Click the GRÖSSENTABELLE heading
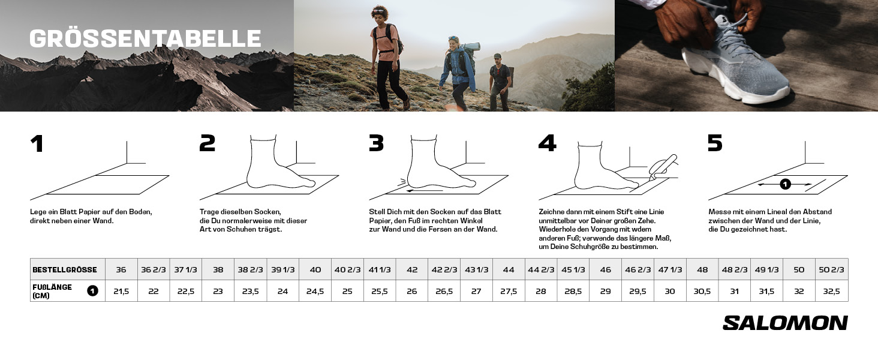pos(145,38)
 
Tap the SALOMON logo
pos(785,323)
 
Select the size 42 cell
pos(412,269)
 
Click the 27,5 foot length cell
pos(509,291)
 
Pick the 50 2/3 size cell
pos(832,269)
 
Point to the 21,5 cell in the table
pos(121,291)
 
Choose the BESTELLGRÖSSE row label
pos(65,270)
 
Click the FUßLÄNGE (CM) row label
pos(52,291)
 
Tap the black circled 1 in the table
pos(92,291)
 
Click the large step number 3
pos(376,143)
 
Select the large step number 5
pos(715,143)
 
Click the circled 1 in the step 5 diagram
pos(785,184)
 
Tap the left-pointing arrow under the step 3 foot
pos(425,191)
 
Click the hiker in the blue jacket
pos(458,73)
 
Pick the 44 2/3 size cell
pos(542,269)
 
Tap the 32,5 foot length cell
pos(832,291)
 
